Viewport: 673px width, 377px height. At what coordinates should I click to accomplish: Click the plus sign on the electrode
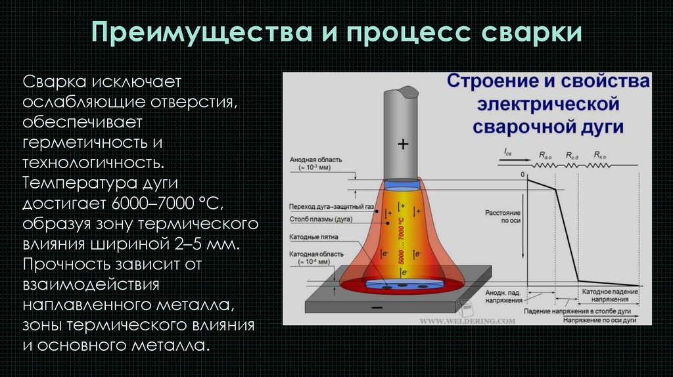[402, 143]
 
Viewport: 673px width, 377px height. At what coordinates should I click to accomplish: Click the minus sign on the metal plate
[377, 307]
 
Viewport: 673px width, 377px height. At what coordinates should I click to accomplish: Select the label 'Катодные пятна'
[309, 237]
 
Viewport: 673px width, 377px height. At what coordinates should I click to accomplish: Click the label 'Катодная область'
[313, 254]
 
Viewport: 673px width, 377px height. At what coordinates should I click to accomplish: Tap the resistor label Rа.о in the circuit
[545, 156]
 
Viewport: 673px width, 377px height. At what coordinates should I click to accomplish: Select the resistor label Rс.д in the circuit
[572, 156]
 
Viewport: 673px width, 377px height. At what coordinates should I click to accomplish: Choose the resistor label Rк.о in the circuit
[599, 156]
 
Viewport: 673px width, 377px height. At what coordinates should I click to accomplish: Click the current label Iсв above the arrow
[509, 152]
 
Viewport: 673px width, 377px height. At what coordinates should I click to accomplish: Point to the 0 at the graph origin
[522, 176]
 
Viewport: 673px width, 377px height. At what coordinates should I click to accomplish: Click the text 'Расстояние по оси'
[503, 217]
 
